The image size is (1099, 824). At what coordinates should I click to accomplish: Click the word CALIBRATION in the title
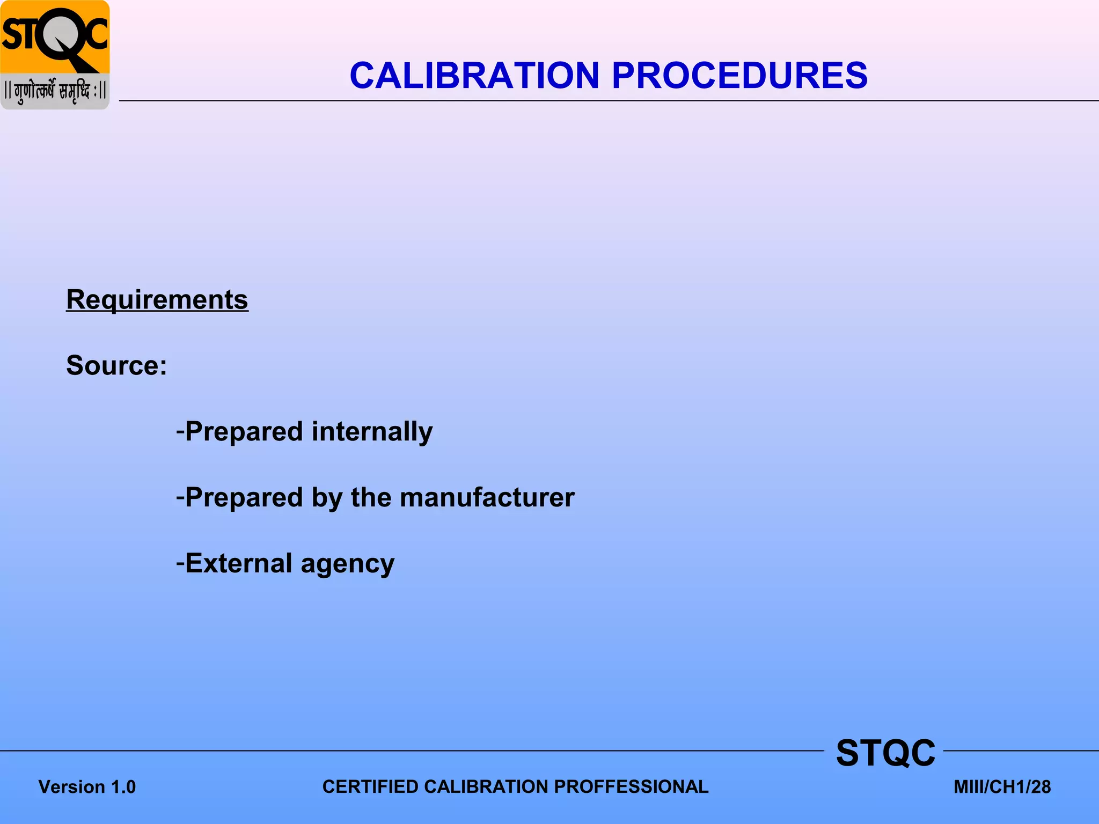pos(474,75)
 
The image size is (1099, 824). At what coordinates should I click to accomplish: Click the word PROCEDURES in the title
pos(739,75)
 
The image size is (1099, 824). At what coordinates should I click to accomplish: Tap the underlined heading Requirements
pos(157,299)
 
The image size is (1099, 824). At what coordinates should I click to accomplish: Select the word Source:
pos(116,365)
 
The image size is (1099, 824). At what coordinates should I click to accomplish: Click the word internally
pos(372,431)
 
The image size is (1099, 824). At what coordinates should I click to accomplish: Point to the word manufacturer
pos(487,497)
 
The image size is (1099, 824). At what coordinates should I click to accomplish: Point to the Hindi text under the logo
pos(55,91)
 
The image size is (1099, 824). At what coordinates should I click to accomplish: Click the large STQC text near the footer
pos(885,753)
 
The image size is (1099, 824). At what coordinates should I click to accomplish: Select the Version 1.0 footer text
pos(87,787)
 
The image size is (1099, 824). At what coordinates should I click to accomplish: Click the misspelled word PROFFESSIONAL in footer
pos(631,786)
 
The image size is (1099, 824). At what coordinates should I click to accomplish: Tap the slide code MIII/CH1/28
pos(1002,787)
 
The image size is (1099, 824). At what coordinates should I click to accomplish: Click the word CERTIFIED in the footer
pos(370,786)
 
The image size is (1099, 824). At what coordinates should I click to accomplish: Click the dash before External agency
pos(180,562)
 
